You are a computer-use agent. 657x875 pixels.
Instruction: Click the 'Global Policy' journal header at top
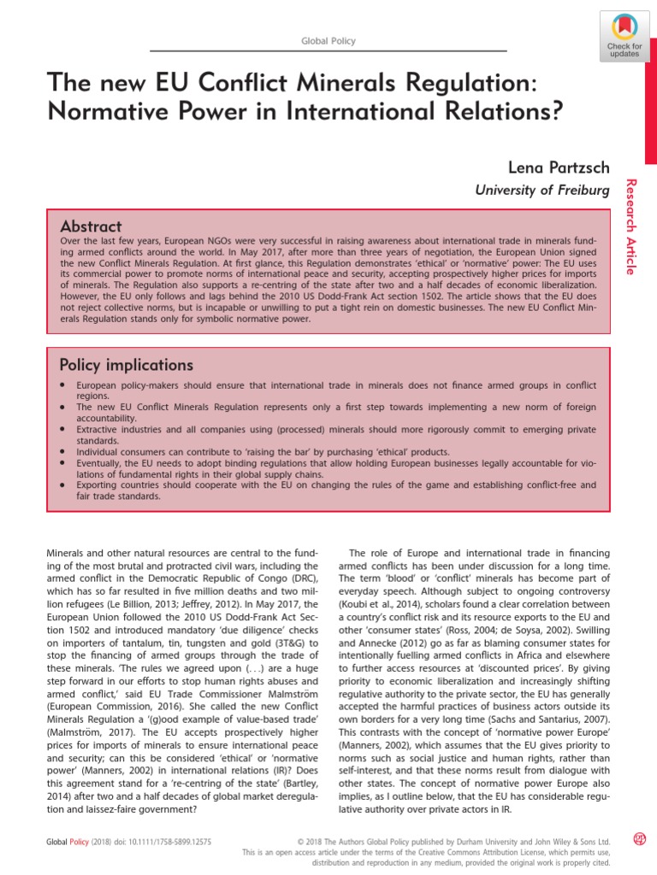click(x=328, y=41)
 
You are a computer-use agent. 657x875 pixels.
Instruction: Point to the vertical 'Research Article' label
click(x=632, y=227)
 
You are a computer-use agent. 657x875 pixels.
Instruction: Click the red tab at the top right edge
click(x=650, y=81)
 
